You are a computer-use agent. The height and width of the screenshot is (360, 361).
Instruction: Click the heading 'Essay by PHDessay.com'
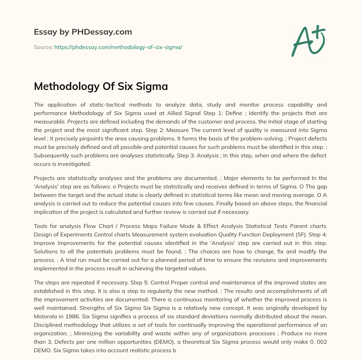(x=83, y=32)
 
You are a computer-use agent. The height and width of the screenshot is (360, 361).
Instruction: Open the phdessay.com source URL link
(x=118, y=47)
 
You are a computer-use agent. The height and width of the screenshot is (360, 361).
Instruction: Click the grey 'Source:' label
(x=43, y=47)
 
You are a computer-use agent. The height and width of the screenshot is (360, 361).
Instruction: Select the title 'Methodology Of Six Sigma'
(x=101, y=86)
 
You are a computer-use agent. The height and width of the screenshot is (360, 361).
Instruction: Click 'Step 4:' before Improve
(x=317, y=234)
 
